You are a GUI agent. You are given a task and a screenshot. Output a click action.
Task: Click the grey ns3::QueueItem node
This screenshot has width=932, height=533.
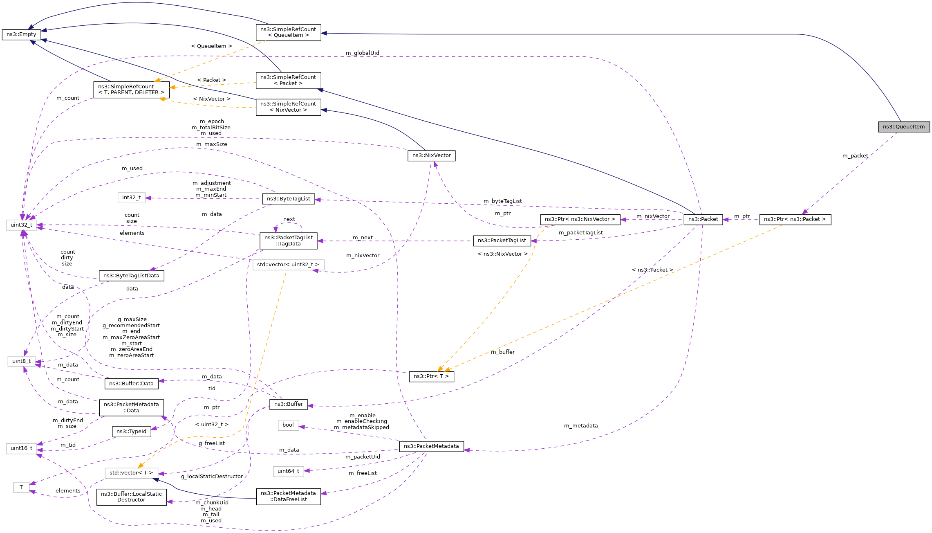click(x=903, y=127)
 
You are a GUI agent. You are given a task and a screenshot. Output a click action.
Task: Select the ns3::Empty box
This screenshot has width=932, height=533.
click(x=21, y=34)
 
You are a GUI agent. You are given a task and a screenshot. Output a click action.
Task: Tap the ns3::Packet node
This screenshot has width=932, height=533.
click(x=703, y=219)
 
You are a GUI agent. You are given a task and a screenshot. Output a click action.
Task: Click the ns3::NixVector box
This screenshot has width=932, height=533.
click(x=431, y=155)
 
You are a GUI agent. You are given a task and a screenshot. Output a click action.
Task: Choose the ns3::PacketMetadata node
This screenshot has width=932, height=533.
click(x=431, y=446)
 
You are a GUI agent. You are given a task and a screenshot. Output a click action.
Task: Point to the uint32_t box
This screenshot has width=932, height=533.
click(x=21, y=225)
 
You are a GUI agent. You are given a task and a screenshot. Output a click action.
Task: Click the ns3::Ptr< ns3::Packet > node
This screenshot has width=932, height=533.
click(x=795, y=219)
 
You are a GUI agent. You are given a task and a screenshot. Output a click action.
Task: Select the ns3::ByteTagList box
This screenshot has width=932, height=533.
click(x=288, y=199)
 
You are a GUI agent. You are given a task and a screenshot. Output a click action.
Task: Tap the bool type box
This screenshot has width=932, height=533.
click(x=288, y=425)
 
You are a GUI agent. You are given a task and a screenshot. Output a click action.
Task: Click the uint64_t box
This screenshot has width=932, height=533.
click(x=288, y=471)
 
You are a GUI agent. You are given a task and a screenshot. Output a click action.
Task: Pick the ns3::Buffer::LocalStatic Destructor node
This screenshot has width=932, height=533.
click(x=131, y=497)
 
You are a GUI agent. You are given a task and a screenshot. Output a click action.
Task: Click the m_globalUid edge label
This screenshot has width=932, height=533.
click(x=362, y=53)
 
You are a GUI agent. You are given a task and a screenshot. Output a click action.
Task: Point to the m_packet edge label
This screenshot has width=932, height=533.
click(x=855, y=156)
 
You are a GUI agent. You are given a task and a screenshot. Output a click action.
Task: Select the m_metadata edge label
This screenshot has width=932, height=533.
click(x=580, y=426)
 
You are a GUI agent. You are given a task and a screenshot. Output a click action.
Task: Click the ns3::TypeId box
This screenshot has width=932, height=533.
click(x=131, y=432)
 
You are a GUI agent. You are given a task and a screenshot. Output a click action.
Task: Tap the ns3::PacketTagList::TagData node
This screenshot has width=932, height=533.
click(x=288, y=241)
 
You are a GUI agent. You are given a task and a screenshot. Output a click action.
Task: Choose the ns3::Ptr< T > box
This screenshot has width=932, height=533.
click(x=431, y=376)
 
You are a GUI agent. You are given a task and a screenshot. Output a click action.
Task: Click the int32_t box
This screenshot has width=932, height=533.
click(x=131, y=198)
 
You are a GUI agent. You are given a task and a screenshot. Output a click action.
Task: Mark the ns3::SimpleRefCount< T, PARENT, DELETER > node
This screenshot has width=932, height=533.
click(x=131, y=90)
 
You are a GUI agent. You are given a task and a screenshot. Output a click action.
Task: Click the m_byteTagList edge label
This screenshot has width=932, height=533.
click(x=502, y=201)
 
